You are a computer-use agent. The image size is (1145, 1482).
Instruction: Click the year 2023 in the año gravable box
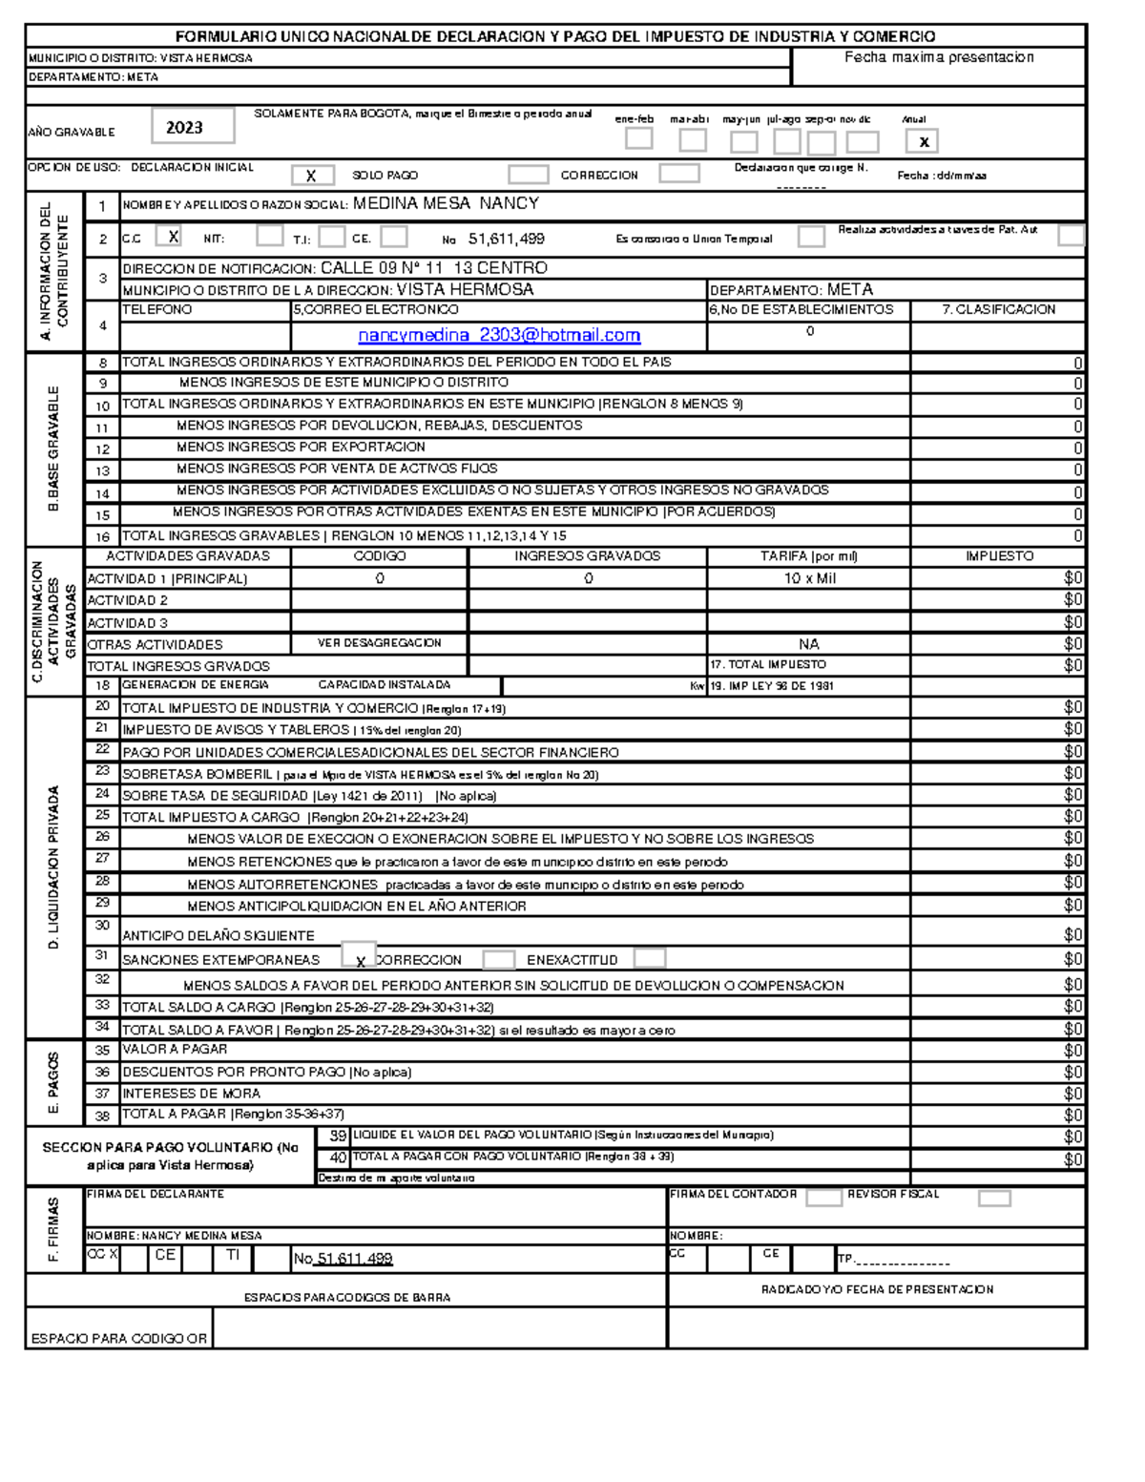click(185, 127)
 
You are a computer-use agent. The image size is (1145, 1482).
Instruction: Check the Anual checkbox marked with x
click(923, 142)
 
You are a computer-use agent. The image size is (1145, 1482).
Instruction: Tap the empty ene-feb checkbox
click(638, 139)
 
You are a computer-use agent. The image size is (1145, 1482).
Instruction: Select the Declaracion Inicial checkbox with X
click(312, 176)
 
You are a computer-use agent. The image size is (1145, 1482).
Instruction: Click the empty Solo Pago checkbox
click(528, 175)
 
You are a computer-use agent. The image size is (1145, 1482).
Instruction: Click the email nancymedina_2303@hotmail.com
click(499, 336)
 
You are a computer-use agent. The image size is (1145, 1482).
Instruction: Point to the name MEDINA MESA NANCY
click(446, 203)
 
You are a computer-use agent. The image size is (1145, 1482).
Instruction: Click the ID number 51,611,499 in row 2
click(507, 239)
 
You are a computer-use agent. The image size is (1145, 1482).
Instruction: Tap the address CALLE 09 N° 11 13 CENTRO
click(434, 268)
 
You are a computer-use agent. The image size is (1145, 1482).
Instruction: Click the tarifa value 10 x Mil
click(809, 578)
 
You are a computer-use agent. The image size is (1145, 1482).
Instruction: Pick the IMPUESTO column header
click(998, 556)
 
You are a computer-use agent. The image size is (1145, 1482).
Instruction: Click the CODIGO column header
click(380, 556)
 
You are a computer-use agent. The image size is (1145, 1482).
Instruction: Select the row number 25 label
click(102, 816)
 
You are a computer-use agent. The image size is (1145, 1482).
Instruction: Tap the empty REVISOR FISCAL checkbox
click(994, 1199)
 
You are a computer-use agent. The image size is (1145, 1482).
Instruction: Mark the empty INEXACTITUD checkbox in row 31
click(650, 958)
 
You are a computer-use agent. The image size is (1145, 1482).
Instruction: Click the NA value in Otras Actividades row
click(809, 644)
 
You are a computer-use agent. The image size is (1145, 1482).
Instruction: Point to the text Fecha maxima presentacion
click(939, 57)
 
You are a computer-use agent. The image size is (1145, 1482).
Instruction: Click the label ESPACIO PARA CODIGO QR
click(119, 1339)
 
